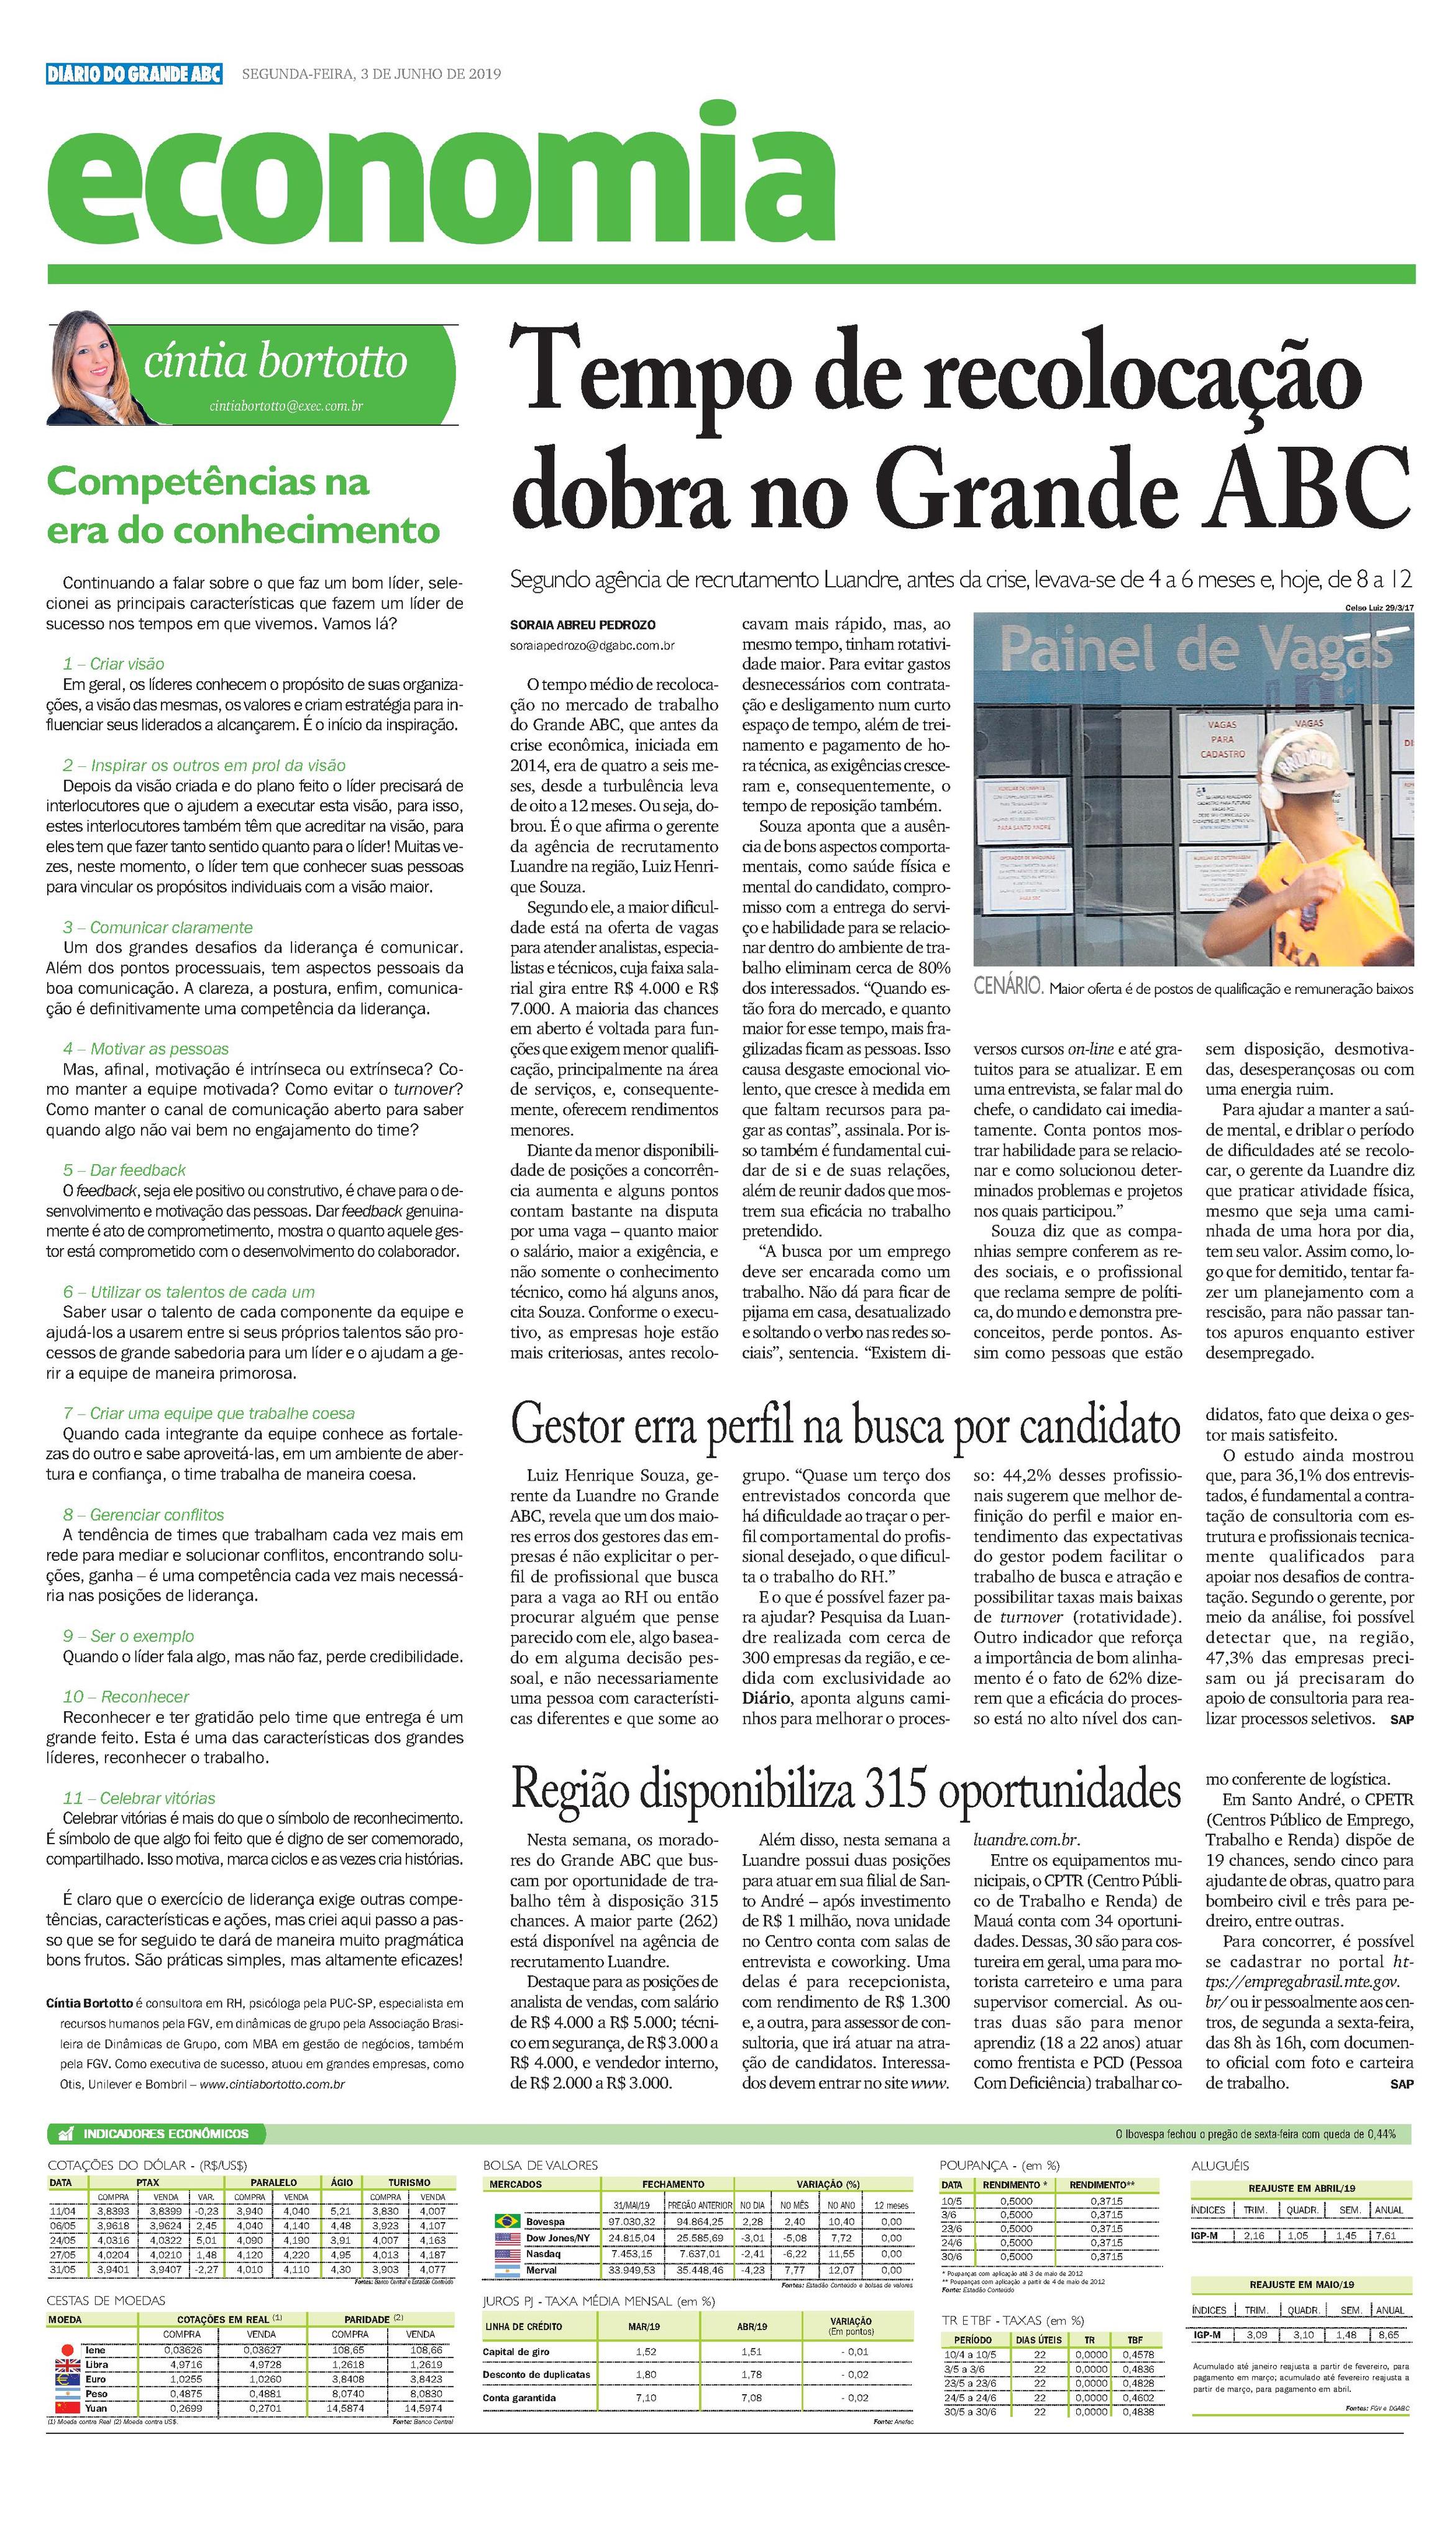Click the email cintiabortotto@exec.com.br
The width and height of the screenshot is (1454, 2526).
coord(286,406)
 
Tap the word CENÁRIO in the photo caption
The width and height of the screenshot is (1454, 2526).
coord(1008,987)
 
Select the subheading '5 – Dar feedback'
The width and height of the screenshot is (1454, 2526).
coord(124,1170)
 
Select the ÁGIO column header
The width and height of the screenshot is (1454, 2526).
coord(342,2182)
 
